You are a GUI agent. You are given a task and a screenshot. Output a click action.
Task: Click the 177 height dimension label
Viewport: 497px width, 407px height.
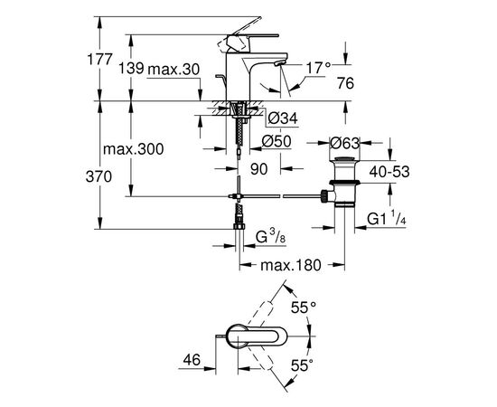coord(99,60)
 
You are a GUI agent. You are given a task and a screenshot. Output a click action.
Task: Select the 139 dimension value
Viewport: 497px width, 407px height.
coord(131,69)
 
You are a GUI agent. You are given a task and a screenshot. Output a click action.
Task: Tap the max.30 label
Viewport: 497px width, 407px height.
coord(173,69)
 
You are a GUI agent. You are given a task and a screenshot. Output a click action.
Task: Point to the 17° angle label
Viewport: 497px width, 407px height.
coord(318,68)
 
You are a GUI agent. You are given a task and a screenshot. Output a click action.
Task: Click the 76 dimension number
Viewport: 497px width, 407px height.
coord(345,83)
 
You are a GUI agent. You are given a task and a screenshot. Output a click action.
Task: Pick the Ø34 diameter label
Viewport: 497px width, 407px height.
coord(283,118)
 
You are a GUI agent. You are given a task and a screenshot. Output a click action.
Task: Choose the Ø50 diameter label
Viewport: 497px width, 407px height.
coord(277,141)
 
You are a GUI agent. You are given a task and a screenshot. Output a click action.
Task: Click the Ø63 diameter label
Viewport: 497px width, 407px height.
coord(345,143)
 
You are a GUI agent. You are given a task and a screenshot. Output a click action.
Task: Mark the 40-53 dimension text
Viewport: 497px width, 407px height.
coord(389,172)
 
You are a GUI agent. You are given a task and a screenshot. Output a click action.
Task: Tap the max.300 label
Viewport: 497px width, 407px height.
coord(134,148)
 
